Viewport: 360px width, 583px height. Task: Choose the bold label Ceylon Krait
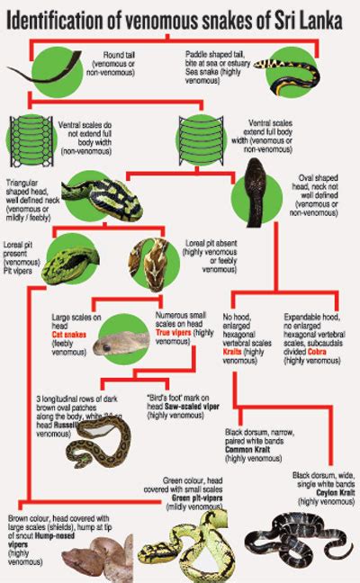(x=318, y=491)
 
